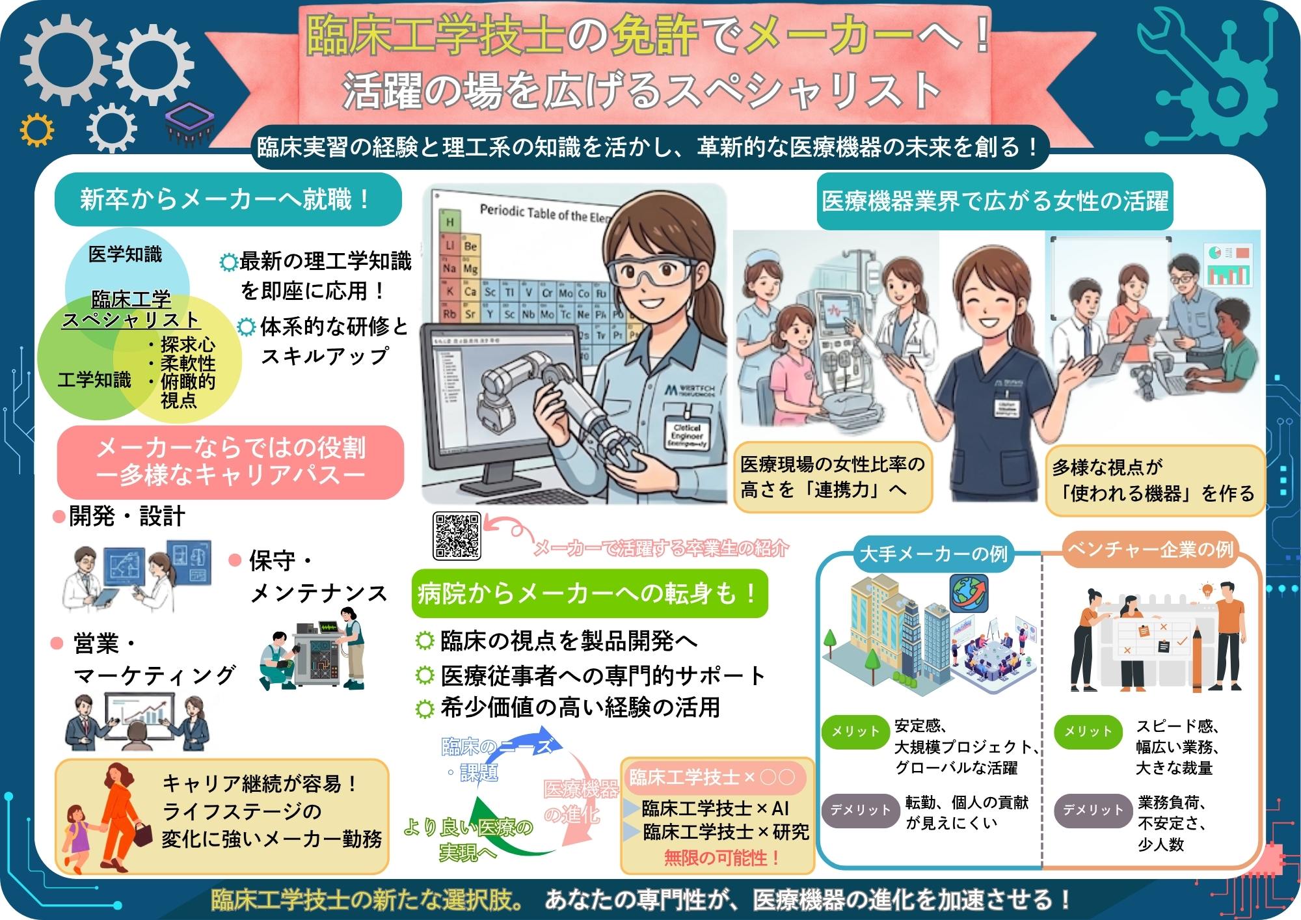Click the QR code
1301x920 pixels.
457,536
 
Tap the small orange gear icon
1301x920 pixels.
36,131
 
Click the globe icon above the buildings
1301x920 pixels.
969,593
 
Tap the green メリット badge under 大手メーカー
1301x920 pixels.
854,731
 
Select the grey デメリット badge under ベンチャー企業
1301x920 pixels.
1092,810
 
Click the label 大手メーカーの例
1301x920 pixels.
933,554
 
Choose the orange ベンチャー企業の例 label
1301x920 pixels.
1150,550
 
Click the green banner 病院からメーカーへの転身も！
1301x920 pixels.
589,593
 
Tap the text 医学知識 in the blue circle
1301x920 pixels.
125,254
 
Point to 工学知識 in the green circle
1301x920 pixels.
94,380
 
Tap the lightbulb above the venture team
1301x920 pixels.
1207,591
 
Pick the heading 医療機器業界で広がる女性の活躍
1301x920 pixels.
995,201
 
